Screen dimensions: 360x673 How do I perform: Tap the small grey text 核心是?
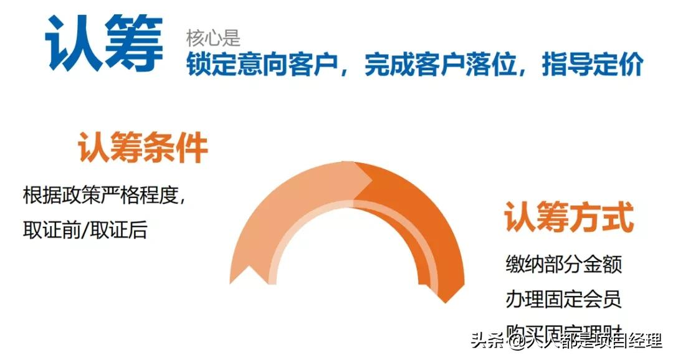tap(212, 39)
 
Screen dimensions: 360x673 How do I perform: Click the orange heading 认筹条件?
tap(143, 149)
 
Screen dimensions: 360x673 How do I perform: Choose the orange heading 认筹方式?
tap(568, 217)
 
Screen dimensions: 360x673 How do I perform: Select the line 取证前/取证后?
tap(85, 230)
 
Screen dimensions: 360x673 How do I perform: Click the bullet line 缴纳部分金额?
tap(563, 264)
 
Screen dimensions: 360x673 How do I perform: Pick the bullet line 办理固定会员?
tap(563, 299)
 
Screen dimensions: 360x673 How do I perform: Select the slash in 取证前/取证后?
tap(85, 230)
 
